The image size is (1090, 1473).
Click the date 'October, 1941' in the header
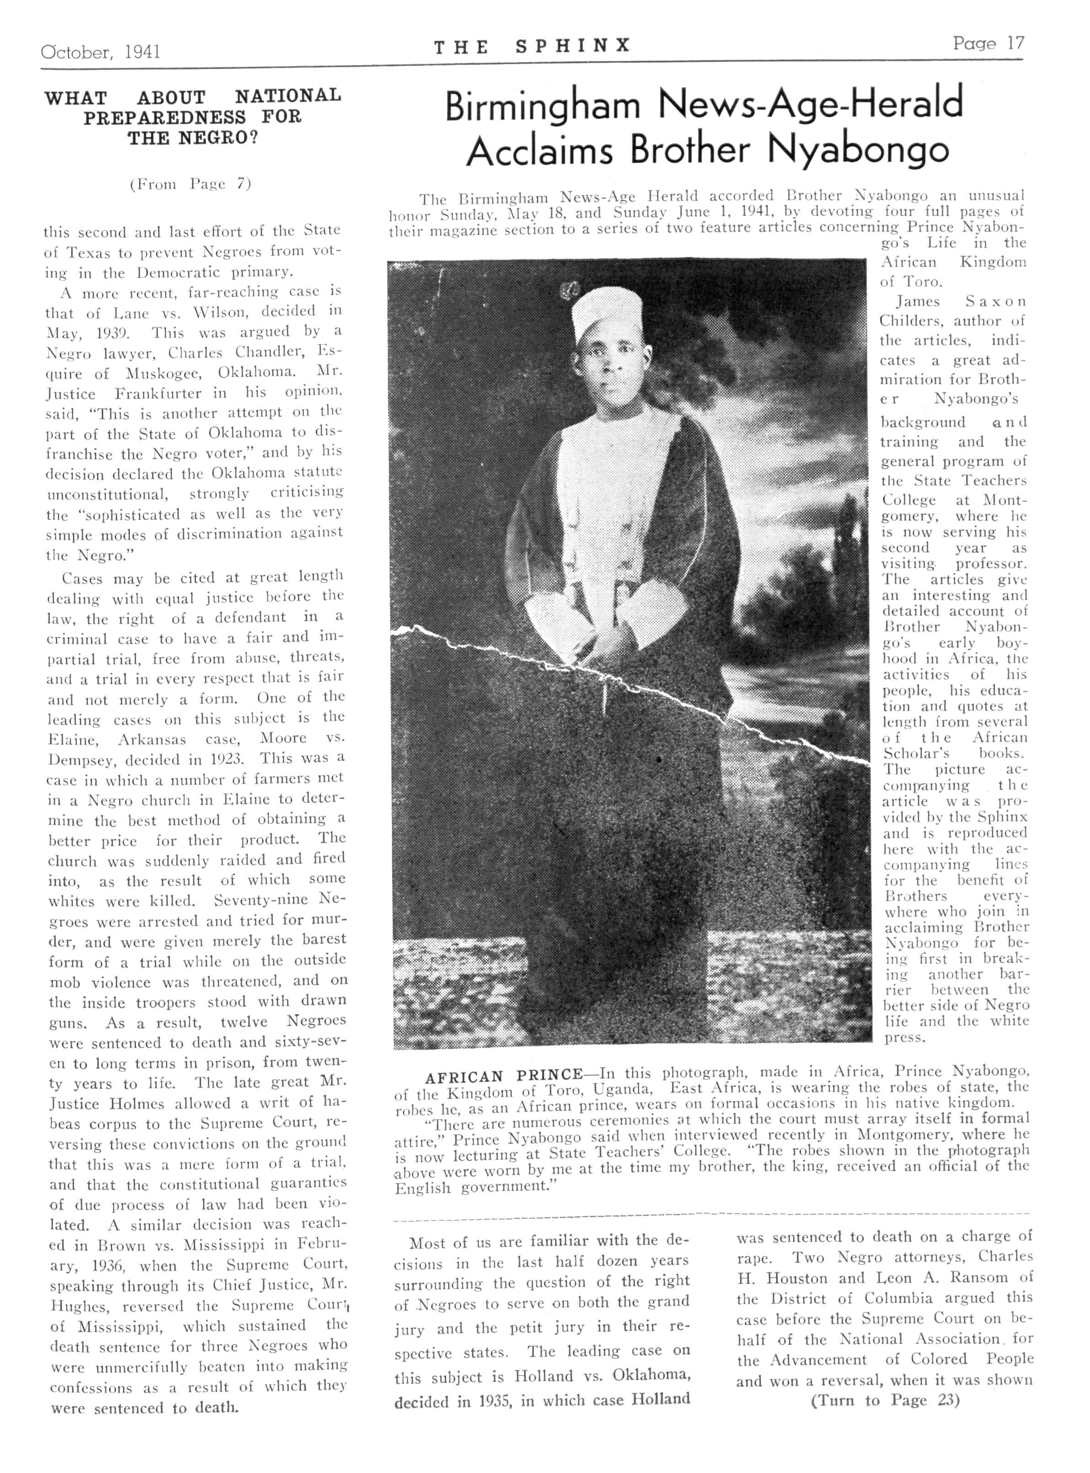tap(100, 51)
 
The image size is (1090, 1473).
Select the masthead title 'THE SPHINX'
tap(532, 46)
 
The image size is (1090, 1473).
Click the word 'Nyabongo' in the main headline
tap(858, 151)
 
